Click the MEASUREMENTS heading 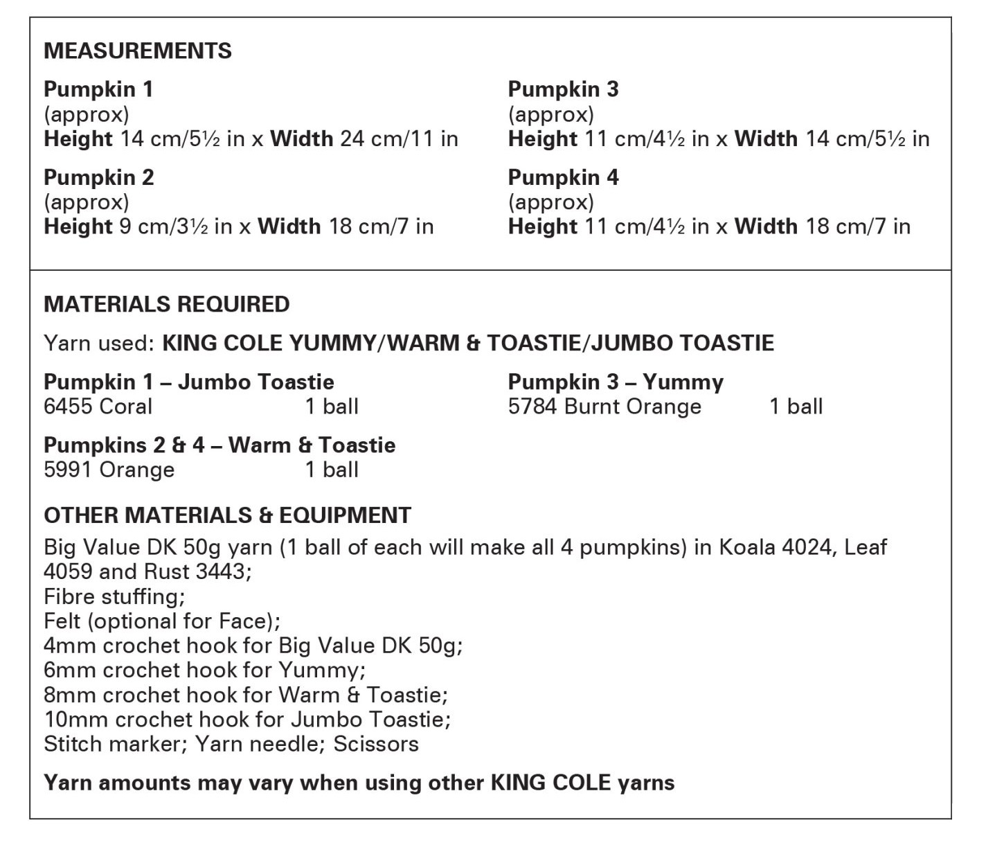(x=138, y=51)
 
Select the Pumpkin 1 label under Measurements (x=98, y=89)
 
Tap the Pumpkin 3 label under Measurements (x=563, y=89)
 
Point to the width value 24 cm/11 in (x=399, y=139)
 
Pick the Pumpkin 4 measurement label (x=563, y=177)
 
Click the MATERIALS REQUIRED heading (x=167, y=304)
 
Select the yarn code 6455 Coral (x=98, y=406)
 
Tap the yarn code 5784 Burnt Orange (x=604, y=406)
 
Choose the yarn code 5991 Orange (x=109, y=470)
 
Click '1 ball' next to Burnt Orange (x=796, y=406)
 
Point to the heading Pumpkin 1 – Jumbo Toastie (x=188, y=382)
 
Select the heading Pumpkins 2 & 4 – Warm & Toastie (x=219, y=445)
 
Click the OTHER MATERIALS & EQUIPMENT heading (x=227, y=515)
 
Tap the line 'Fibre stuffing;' (x=114, y=596)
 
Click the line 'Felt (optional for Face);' (x=162, y=621)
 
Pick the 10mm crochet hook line (x=247, y=719)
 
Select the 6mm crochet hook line (x=205, y=670)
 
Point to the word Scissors (x=376, y=744)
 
